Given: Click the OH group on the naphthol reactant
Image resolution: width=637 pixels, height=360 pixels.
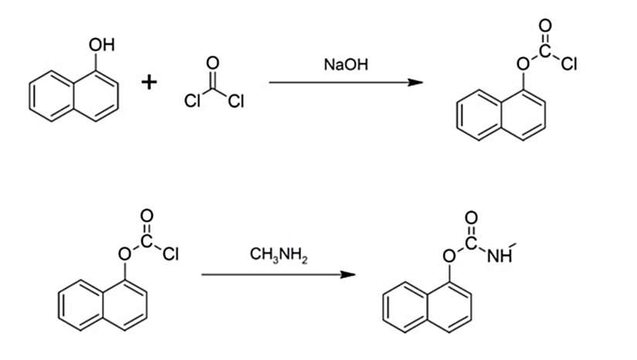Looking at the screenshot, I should [101, 46].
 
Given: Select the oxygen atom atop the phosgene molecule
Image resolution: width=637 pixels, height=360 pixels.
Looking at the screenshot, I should [214, 62].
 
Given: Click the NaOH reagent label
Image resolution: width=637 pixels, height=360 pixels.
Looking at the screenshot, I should [346, 66].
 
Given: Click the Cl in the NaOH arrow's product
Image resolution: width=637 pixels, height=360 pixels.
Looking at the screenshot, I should [570, 66].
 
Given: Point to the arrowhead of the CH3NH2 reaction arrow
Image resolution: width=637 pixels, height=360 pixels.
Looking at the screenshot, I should [351, 273].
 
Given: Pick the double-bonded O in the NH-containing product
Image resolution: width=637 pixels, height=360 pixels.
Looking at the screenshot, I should [472, 219].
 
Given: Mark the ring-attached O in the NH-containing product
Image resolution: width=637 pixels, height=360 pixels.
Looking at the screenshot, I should [447, 255].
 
